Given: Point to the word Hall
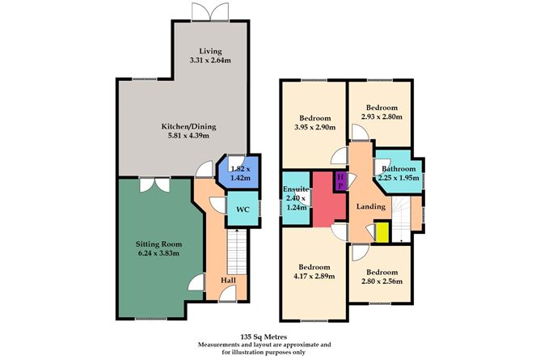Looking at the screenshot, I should click(229, 280).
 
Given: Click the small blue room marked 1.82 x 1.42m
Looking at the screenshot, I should click(237, 171).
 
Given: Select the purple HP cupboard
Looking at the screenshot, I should click(340, 180).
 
